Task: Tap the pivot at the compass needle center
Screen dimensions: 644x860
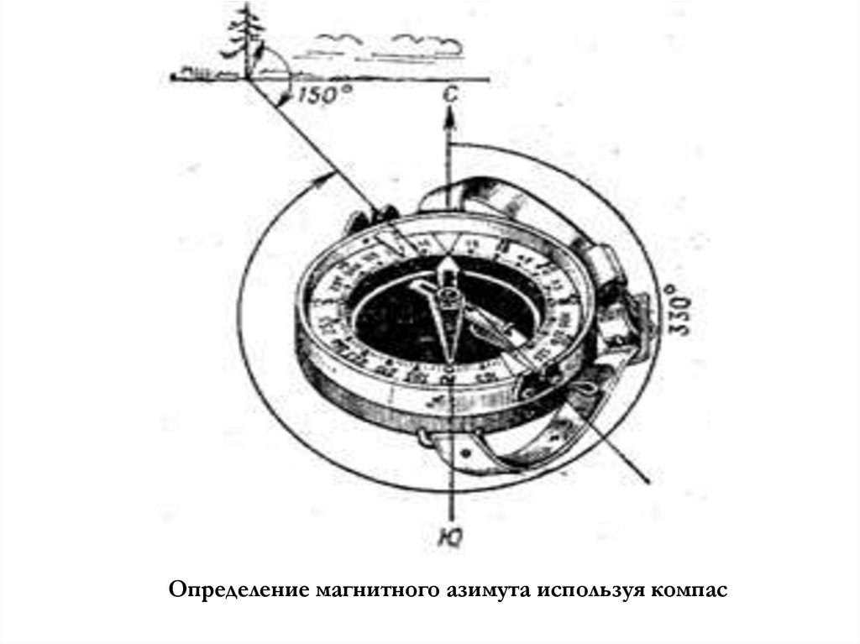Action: point(447,296)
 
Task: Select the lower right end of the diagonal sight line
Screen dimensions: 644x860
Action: point(648,479)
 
